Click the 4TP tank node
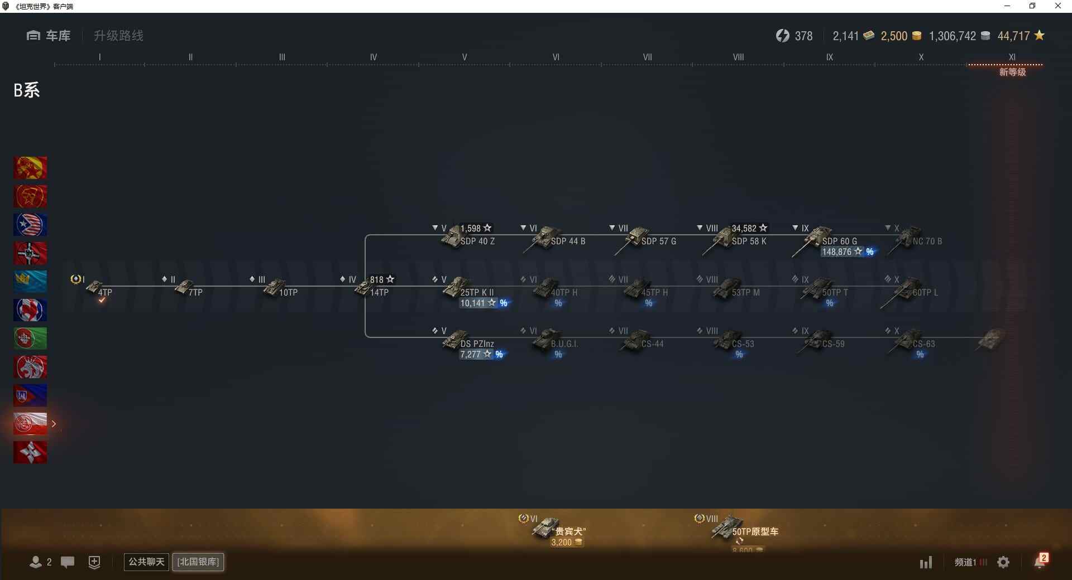98,289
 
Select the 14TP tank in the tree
368,289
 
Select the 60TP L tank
910,289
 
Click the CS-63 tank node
910,340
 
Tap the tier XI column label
1012,57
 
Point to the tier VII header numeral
647,57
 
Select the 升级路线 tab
118,36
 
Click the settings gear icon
1003,562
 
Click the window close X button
1057,6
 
